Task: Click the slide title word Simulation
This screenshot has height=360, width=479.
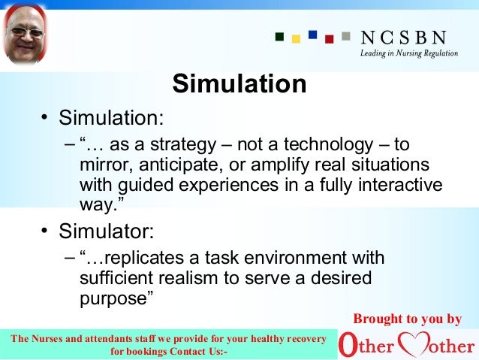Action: pyautogui.click(x=239, y=83)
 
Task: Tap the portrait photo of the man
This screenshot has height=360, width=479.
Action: pyautogui.click(x=26, y=36)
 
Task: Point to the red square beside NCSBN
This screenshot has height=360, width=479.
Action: pyautogui.click(x=328, y=38)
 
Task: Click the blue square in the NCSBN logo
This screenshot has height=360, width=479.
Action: pyautogui.click(x=312, y=34)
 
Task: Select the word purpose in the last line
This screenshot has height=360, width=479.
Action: pyautogui.click(x=113, y=298)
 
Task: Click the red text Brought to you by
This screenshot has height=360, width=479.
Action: pyautogui.click(x=408, y=319)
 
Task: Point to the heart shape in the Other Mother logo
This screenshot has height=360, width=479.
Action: pyautogui.click(x=414, y=346)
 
